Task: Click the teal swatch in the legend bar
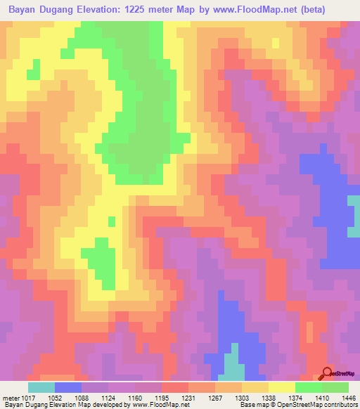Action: [41, 387]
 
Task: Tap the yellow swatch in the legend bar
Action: [282, 387]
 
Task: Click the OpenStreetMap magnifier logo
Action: [327, 373]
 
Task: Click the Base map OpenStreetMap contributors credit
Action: [305, 404]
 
